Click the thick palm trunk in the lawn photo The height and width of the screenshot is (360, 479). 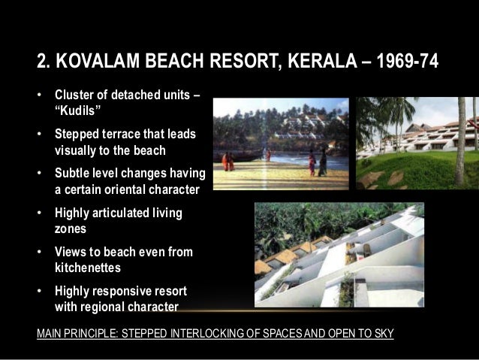point(460,150)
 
